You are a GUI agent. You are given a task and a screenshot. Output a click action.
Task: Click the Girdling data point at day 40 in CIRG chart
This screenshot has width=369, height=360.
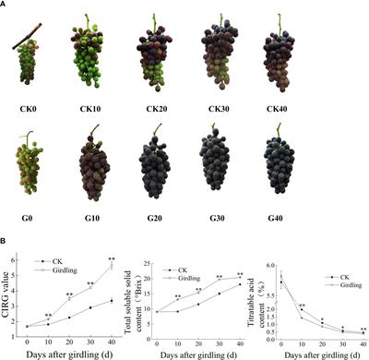(111, 266)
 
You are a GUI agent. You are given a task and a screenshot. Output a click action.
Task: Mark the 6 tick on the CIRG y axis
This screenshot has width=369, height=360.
(19, 260)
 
